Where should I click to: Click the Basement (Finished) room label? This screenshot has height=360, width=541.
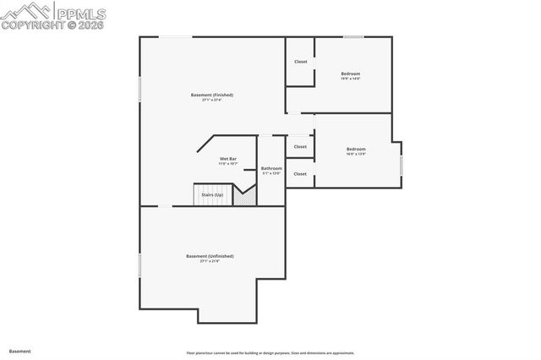coord(211,95)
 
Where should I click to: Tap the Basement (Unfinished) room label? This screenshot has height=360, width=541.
coord(210,256)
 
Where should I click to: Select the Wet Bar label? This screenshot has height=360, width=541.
coord(227,158)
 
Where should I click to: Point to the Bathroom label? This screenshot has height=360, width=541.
coord(270,168)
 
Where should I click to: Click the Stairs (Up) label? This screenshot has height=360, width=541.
coord(212,195)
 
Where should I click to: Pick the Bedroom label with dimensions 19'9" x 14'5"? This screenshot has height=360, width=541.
coord(351,74)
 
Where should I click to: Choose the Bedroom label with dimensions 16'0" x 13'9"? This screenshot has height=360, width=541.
coord(356,150)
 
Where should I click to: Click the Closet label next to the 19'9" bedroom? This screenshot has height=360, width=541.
coord(300,62)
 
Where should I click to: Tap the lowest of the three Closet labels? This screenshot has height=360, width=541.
coord(300,174)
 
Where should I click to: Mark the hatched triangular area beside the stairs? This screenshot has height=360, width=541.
coord(245,198)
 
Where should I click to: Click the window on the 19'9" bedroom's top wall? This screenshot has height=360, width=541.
coord(353,36)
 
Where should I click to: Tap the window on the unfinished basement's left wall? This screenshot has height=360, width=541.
coord(140,264)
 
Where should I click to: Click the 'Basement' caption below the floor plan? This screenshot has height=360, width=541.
coord(20,351)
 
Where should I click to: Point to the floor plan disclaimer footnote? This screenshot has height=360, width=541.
coord(270,353)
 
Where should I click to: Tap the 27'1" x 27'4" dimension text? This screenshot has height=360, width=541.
coord(211,101)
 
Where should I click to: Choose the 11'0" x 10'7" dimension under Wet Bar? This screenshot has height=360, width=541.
coord(227,164)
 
